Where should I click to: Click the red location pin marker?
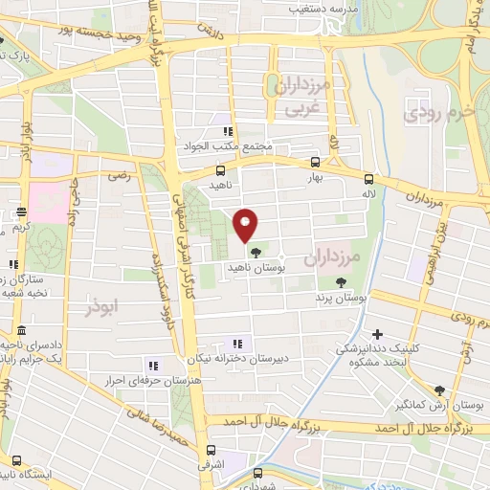pos(246,224)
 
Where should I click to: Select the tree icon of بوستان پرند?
pos(342,281)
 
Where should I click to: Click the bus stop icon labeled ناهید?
pos(221,170)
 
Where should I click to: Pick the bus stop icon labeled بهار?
pos(316,163)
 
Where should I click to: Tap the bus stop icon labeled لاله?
pos(369,178)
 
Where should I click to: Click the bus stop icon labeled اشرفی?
pos(212,450)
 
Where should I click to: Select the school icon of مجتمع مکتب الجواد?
pos(227,132)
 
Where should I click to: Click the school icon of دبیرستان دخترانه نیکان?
pos(237,344)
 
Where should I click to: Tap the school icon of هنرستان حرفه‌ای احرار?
pos(151,365)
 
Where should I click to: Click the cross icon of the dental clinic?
pos(378,335)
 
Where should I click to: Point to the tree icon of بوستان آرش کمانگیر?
pos(439,390)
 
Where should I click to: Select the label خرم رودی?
pos(439,113)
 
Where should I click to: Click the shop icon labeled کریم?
pos(21,213)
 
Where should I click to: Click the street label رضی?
pos(120,175)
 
